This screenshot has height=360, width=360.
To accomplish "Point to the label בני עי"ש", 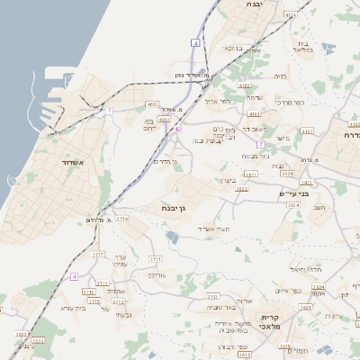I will [x=293, y=193].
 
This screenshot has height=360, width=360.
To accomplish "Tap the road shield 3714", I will [x=122, y=218].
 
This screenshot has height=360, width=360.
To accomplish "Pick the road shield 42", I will [x=177, y=129].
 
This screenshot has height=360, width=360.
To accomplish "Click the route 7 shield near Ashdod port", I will [x=108, y=110].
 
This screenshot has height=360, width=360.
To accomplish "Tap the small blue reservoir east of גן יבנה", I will [x=172, y=237].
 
